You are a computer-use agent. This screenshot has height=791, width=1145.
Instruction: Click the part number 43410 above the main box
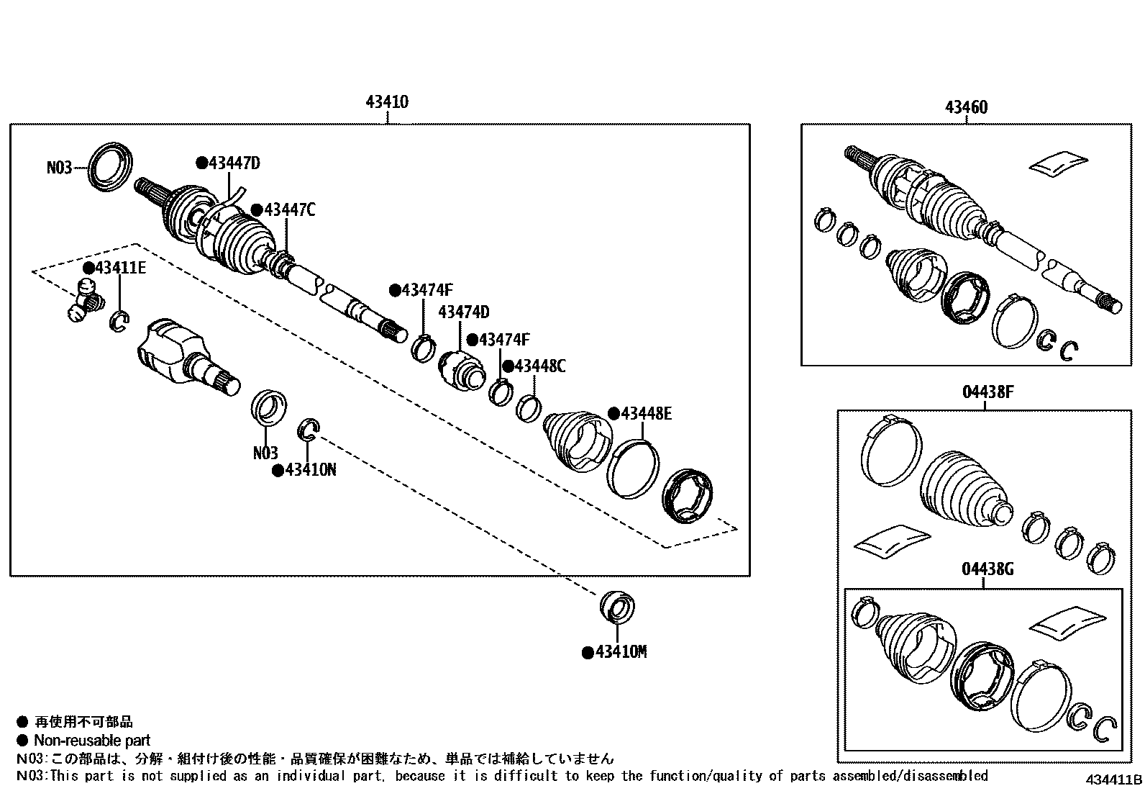click(387, 102)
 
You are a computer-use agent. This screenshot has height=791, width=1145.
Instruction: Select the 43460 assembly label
click(966, 107)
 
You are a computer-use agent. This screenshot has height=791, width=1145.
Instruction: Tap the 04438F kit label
click(988, 393)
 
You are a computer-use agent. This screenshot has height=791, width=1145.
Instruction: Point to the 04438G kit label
click(988, 569)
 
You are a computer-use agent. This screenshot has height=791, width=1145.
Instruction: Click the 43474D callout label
click(463, 312)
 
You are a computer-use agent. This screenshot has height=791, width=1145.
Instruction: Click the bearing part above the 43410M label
click(617, 607)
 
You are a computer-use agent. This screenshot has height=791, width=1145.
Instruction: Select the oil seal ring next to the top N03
click(110, 167)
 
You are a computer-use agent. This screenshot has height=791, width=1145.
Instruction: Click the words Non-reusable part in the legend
click(92, 740)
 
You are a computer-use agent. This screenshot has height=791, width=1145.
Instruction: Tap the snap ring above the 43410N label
click(309, 429)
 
